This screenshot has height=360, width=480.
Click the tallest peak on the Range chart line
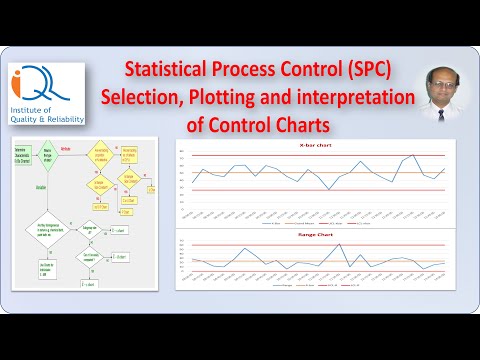[x=339, y=244]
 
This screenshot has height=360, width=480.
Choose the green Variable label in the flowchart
[x=43, y=186]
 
